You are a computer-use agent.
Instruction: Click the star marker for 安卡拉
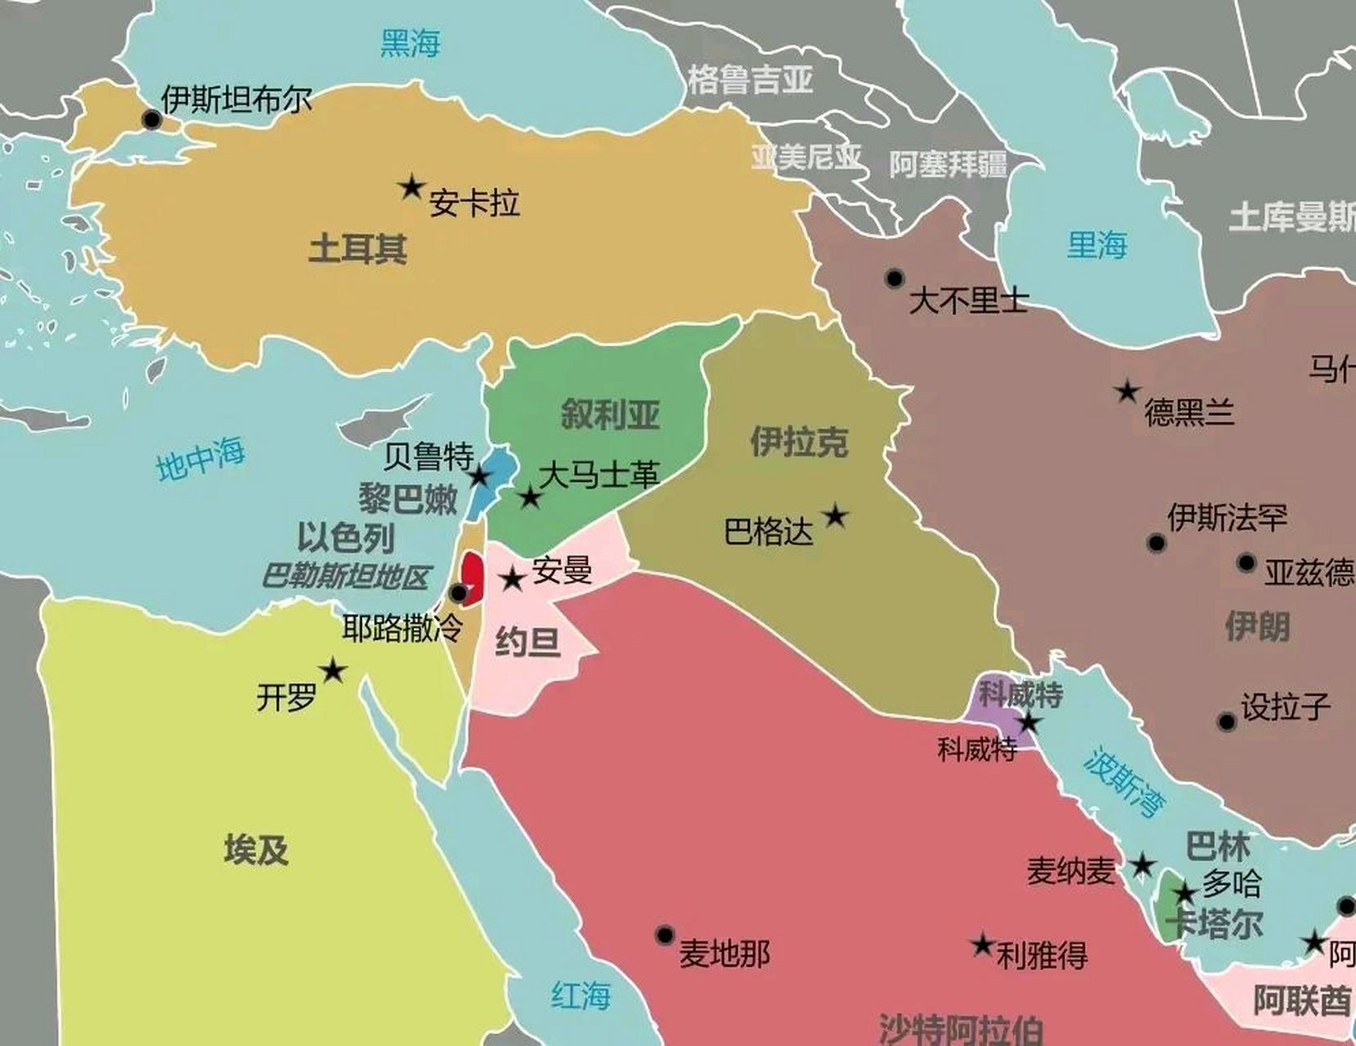coord(412,188)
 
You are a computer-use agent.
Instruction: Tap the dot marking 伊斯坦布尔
coord(152,120)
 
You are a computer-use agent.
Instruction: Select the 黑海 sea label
coord(410,42)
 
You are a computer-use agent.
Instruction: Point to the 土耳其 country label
coord(358,248)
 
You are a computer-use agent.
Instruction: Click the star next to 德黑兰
coord(1128,391)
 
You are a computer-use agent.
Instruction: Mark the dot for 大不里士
coord(894,279)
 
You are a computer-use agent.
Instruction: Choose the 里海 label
coord(1097,244)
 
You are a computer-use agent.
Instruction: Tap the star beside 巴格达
coord(835,516)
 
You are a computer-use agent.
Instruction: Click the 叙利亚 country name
coord(610,414)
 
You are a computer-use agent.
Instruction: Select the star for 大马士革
coord(530,496)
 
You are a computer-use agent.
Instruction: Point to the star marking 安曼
coord(512,579)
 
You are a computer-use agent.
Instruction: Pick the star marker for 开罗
coord(332,671)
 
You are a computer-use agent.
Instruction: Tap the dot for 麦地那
coord(665,935)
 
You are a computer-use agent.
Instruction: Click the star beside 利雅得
coord(982,945)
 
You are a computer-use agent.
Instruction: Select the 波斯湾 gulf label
coord(1124,782)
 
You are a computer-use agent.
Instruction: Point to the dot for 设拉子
coord(1226,722)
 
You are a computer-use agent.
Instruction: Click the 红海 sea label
coord(581,995)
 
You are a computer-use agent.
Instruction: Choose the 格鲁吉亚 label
coord(750,80)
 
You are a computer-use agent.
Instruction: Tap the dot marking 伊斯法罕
coord(1156,543)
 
